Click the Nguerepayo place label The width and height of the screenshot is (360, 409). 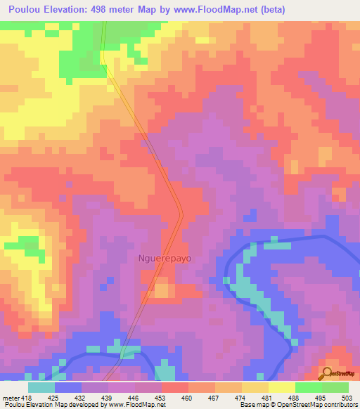[x=163, y=258]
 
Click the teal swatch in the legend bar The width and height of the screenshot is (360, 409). [x=41, y=387]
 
